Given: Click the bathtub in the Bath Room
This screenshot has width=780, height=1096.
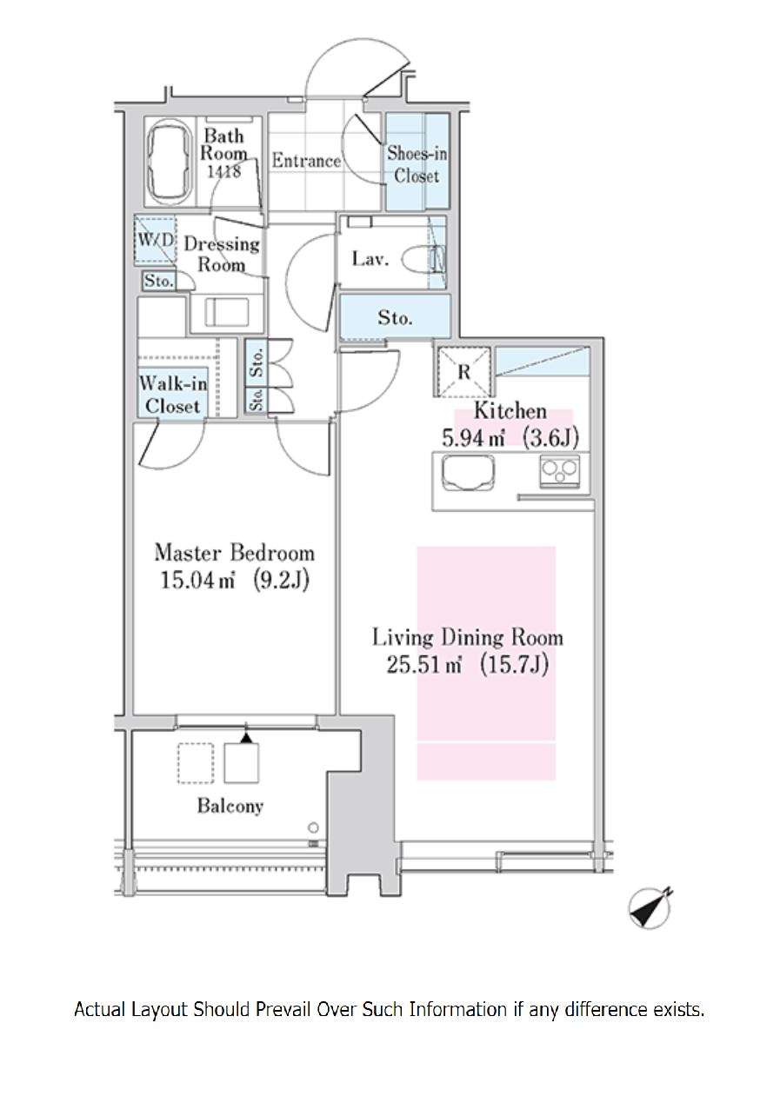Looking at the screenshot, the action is (170, 163).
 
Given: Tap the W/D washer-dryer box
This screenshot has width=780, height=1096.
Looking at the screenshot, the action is (155, 240).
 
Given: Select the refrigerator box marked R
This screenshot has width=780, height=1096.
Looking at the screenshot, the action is (463, 372).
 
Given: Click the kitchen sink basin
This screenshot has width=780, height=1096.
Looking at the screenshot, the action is (468, 473).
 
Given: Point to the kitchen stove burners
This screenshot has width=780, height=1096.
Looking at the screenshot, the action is (560, 471).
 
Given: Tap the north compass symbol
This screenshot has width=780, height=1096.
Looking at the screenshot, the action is (650, 908).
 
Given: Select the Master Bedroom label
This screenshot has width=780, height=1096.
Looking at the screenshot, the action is (235, 553).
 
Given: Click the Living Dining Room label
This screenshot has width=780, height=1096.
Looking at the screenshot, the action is (468, 638).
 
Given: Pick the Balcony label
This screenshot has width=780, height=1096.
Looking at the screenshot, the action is (230, 806).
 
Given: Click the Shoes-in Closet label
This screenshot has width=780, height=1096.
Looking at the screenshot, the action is (417, 164).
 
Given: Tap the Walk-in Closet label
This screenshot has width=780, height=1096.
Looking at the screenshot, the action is (173, 395).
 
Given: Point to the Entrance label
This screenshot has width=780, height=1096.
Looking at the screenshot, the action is (306, 161).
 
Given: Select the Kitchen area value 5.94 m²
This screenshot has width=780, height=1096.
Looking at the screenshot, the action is (474, 438).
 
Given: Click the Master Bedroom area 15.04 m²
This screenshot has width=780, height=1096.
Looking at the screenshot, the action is (197, 581).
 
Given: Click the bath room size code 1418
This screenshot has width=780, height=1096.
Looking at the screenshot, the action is (223, 172).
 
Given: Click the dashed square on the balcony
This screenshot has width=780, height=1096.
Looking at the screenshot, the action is (196, 763).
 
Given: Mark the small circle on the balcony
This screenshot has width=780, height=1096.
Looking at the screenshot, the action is (313, 828).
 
